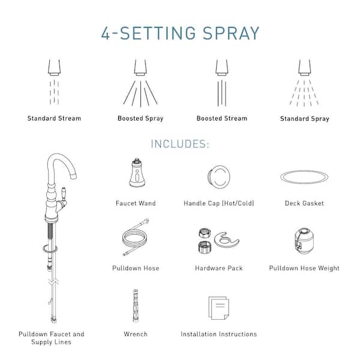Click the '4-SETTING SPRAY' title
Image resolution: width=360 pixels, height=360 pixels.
point(180,33)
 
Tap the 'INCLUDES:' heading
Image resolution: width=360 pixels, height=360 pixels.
point(180,144)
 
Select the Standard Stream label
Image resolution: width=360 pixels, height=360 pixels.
point(54,118)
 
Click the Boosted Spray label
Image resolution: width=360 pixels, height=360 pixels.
point(140,118)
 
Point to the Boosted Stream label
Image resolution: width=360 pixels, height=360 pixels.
point(222,118)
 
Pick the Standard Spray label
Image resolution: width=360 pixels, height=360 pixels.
point(305,119)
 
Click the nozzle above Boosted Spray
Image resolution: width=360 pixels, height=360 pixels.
point(140,67)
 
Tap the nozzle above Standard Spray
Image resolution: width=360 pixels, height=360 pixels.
point(305,67)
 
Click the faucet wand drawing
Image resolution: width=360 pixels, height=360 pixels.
point(137,172)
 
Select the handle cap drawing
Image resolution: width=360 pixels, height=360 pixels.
point(219,176)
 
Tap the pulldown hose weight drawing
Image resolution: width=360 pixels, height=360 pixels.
point(304,241)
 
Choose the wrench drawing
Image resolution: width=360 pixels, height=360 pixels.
point(136,305)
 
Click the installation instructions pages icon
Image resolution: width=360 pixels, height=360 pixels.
point(218,308)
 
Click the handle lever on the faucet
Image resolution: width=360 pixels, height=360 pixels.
point(64,194)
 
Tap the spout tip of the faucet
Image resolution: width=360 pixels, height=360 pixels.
point(73,176)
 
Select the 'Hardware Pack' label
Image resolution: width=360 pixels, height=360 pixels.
point(219,268)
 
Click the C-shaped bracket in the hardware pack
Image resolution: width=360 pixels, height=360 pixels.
point(226,240)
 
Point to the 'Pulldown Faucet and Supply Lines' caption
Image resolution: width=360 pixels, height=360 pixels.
point(52,338)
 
